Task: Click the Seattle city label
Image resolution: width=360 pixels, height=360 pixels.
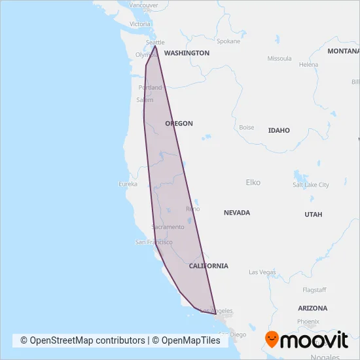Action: [x=156, y=42]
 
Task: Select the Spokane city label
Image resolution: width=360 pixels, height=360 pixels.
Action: [x=228, y=41]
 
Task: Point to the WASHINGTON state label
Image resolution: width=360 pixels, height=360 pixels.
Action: [x=187, y=53]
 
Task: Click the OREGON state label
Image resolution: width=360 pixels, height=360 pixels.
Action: [x=179, y=123]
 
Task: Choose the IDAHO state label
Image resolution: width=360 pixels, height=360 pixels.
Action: [x=279, y=130]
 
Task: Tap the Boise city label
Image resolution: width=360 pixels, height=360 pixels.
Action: [x=247, y=128]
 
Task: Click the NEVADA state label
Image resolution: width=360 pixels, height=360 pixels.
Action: [x=237, y=213]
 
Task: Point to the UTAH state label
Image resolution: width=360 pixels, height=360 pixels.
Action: [x=313, y=214]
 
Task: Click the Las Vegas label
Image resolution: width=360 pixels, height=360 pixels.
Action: [x=262, y=272]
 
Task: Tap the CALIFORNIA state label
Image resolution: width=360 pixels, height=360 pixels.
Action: [x=208, y=266]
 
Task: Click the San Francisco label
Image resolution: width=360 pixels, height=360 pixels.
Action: [x=153, y=242]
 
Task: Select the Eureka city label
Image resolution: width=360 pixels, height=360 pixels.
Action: [x=127, y=184]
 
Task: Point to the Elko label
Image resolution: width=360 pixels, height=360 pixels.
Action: [x=253, y=182]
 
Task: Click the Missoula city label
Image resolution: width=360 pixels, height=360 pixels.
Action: [x=279, y=58]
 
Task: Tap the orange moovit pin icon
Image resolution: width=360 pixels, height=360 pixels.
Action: [x=272, y=338]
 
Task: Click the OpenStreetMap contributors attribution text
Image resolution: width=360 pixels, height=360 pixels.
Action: [x=82, y=340]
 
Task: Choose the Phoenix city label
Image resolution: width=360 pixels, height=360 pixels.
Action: [x=308, y=321]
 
